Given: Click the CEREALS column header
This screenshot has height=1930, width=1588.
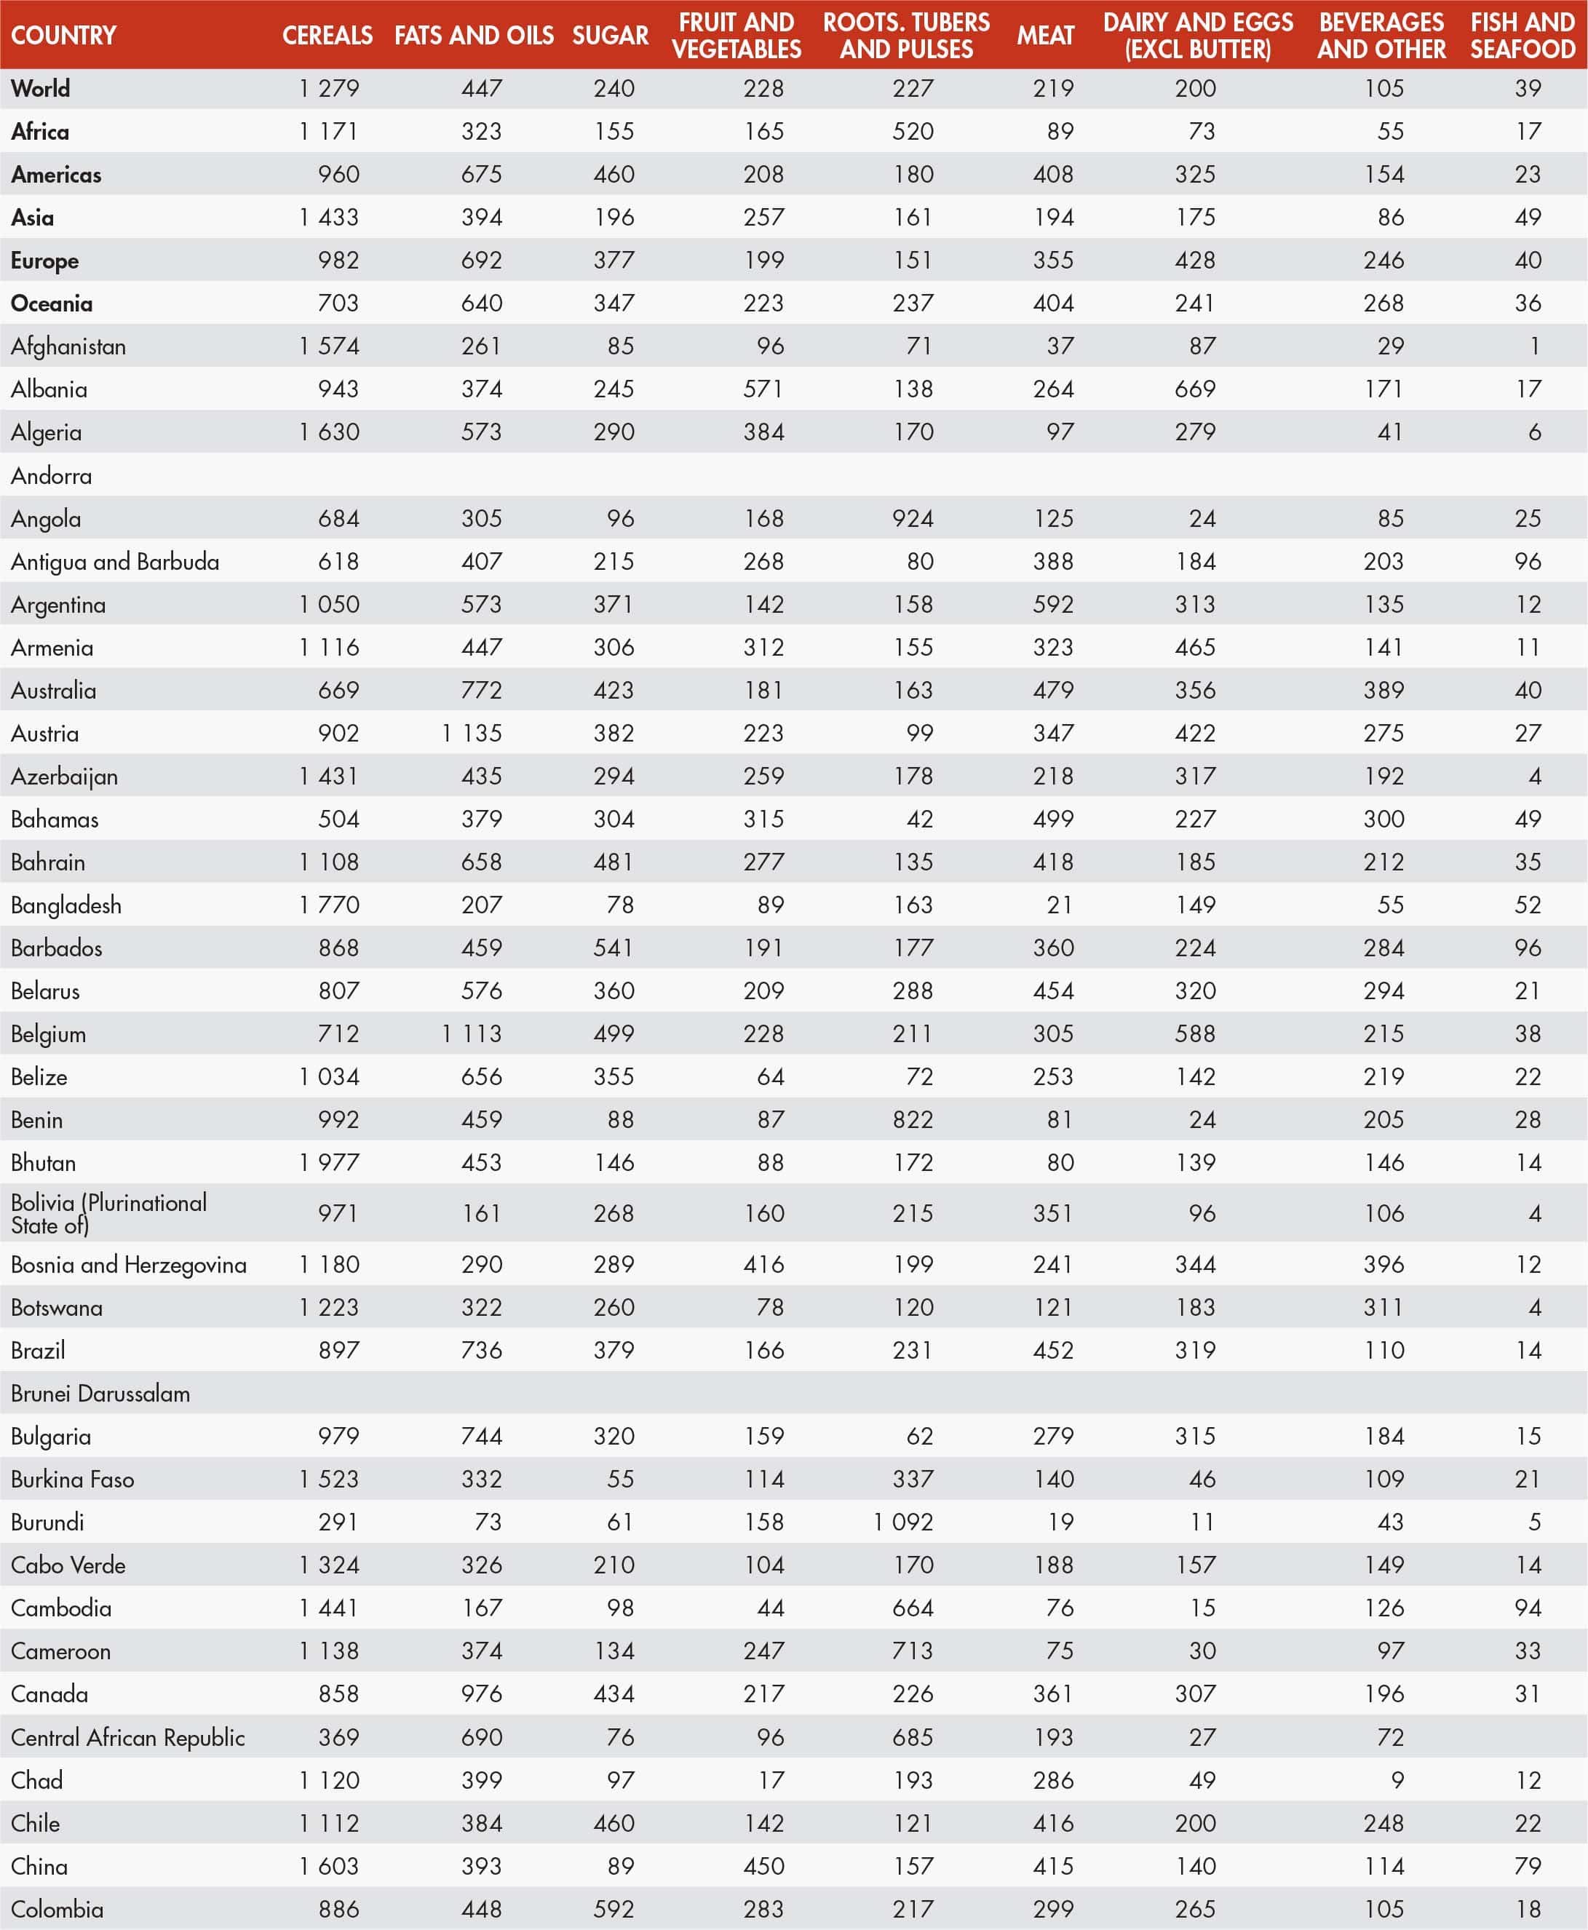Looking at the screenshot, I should (327, 36).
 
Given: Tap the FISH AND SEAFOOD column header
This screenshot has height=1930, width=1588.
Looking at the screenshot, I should (1523, 36).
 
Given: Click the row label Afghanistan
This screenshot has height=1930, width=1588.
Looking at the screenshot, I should (68, 346).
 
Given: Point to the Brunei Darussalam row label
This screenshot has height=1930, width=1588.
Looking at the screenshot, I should (100, 1393).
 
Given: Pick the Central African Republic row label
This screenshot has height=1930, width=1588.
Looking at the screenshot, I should (128, 1737).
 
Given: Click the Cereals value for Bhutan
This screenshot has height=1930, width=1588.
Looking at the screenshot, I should (329, 1162).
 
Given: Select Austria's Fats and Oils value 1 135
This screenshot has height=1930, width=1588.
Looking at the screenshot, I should (472, 734).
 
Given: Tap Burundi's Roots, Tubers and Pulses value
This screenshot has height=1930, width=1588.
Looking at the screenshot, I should (904, 1522).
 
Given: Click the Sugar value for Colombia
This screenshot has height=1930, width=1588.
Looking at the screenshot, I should (614, 1909).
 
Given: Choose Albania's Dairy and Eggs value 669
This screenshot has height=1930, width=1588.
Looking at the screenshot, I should (1196, 389).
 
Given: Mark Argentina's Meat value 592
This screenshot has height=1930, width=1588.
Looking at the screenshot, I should (1053, 605).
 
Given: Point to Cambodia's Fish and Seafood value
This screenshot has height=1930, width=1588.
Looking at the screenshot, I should (1528, 1608).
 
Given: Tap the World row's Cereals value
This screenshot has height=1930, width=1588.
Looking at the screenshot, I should (329, 89).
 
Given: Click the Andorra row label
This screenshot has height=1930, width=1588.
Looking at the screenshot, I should (51, 476).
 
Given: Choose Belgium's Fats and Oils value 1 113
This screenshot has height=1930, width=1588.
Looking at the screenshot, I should (472, 1033).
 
